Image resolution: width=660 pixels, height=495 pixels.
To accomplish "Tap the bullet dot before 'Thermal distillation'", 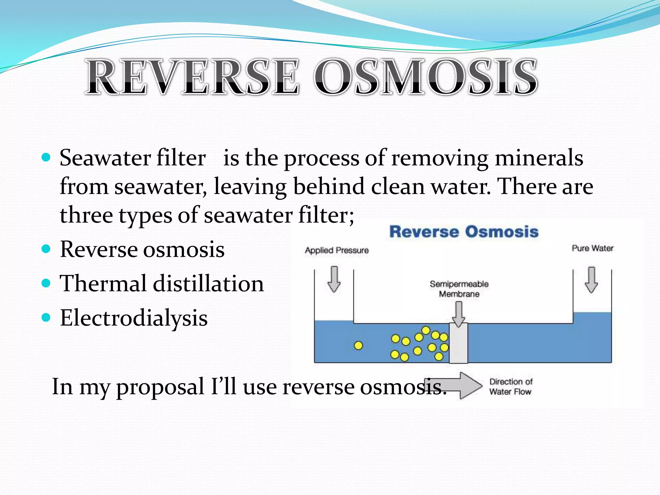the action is point(46,283).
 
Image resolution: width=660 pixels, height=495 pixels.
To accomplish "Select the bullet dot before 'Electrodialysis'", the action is point(46,318).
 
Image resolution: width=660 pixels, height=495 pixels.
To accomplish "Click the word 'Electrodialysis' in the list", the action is point(134,318).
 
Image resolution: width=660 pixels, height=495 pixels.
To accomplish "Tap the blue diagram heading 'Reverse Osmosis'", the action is point(464,232).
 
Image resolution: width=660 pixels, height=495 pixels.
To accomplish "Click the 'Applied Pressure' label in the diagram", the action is point(337,250).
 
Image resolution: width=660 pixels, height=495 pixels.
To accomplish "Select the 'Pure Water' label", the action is point(592,248).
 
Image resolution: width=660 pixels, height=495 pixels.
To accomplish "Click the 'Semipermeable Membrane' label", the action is point(459,289).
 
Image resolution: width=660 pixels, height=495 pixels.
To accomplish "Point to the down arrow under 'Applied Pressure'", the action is point(334,279).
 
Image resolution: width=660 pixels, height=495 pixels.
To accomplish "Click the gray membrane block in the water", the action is point(458,344).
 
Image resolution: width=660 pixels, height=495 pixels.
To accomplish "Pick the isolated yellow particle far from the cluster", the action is point(358,346).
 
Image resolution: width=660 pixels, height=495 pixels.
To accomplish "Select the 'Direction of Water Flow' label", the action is point(511,387).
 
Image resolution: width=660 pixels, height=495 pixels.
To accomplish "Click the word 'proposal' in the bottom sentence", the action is point(160,386).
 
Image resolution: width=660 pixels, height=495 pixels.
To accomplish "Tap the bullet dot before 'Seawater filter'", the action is point(46,157).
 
